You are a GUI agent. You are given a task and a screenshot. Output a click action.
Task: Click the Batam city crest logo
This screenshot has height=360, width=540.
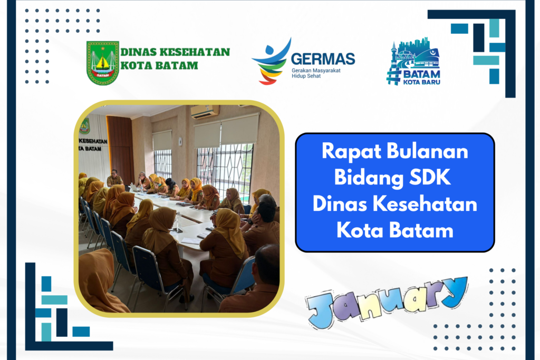pos(103,63)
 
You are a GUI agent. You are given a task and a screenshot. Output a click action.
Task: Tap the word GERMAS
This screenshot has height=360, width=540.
pos(323,59)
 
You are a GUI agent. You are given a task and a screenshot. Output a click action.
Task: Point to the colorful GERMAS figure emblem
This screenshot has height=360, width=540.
pos(272,62)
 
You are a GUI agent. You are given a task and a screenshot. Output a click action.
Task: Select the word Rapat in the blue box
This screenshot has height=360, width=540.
pos(351,152)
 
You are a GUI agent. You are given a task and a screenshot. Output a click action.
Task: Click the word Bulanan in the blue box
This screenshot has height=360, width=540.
pos(427,151)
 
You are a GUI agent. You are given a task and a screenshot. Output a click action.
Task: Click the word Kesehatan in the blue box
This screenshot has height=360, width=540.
pos(425,204)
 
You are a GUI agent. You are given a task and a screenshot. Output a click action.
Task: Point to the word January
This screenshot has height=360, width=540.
pos(387,302)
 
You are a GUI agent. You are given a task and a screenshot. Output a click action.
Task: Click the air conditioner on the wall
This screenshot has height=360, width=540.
pos(205,111)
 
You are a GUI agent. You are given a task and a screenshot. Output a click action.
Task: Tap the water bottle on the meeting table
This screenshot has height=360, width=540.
pos(178,221)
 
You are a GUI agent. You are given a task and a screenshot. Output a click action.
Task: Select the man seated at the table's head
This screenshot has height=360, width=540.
pos(114,178)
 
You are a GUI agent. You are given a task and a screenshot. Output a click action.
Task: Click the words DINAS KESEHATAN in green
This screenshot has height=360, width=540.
pos(175,52)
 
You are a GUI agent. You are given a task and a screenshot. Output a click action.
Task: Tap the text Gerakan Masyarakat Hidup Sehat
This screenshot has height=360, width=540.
pos(316,73)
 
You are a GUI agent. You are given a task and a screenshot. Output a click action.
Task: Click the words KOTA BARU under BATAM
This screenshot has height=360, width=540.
pos(421,82)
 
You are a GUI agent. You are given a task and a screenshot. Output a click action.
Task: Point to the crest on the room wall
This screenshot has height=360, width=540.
pos(84,127)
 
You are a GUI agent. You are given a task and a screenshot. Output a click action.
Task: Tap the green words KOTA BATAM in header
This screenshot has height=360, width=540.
pos(159,65)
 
